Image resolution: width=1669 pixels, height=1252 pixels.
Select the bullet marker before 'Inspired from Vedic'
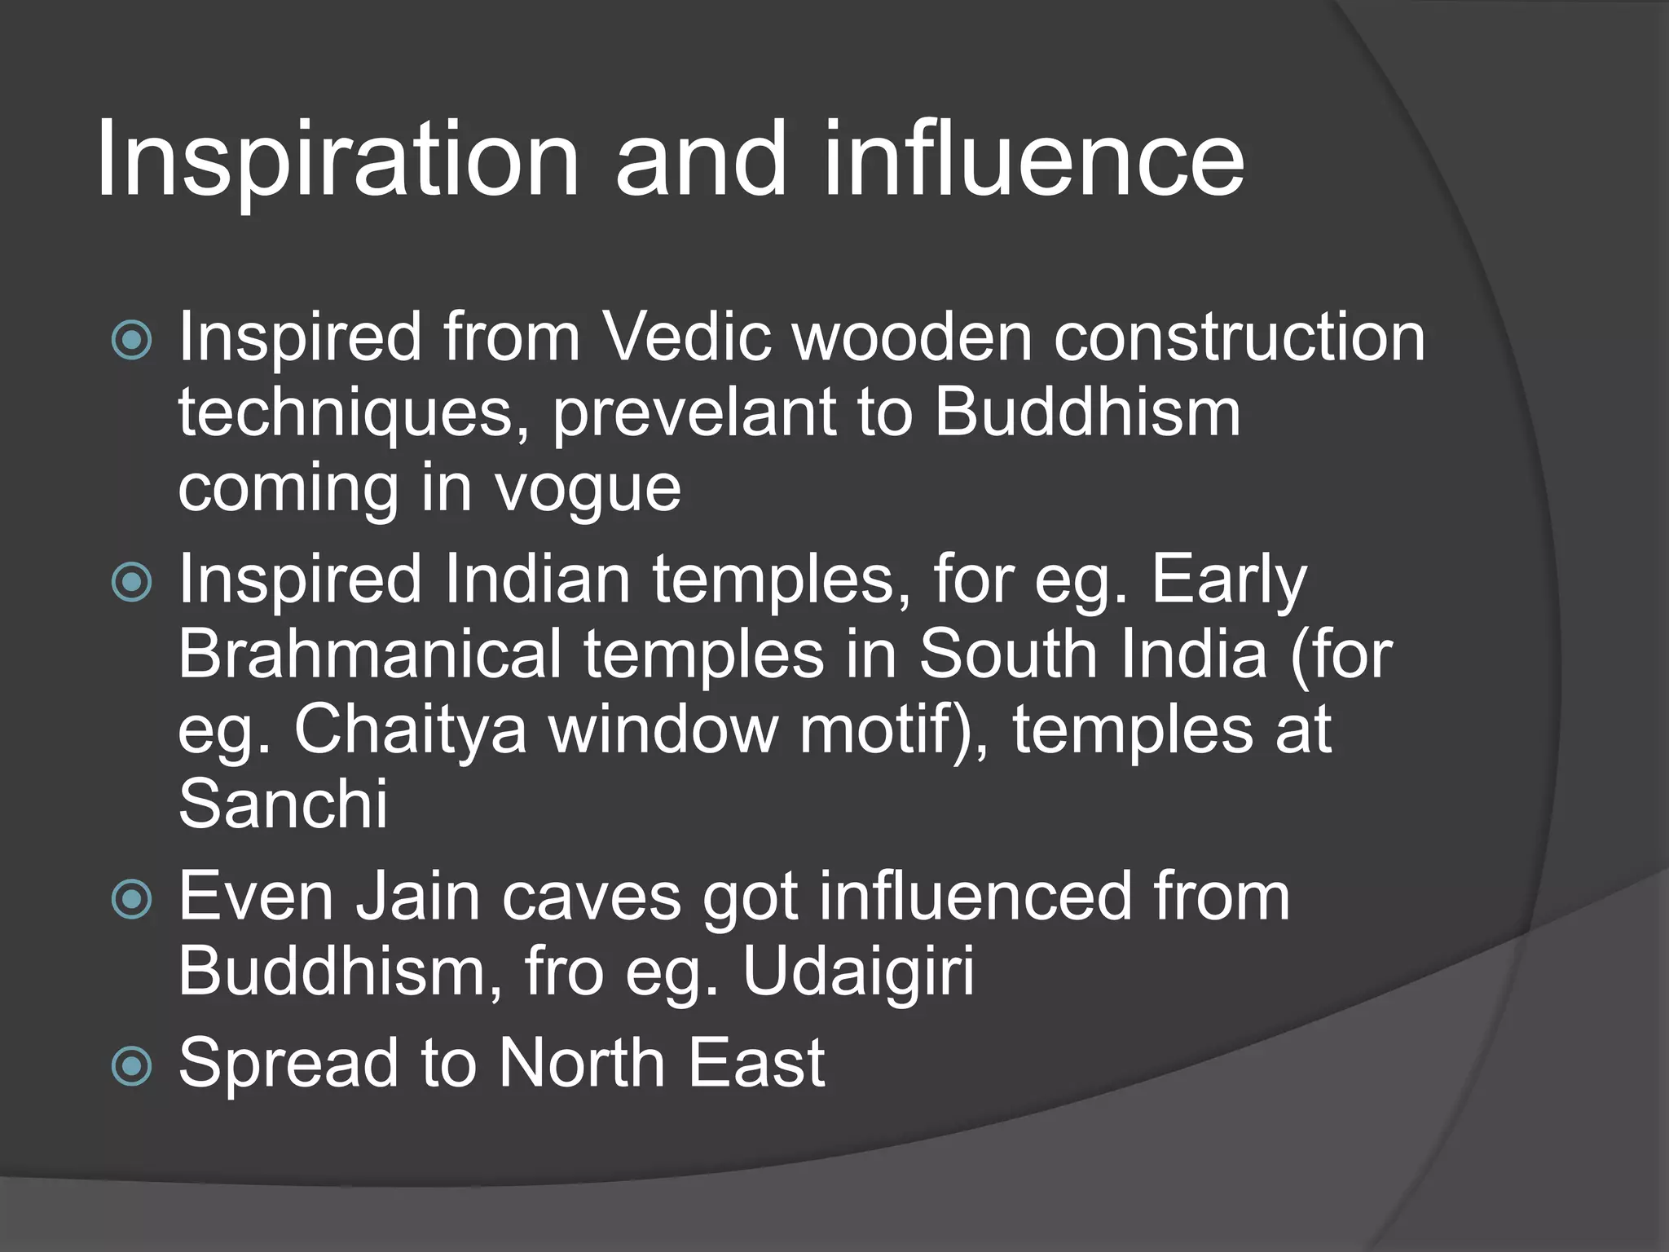[x=132, y=339]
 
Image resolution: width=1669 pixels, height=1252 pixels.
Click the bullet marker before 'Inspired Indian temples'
[x=132, y=582]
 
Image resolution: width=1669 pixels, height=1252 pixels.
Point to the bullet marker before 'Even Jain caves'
[x=132, y=899]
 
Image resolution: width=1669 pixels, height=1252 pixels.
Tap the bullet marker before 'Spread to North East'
[x=132, y=1065]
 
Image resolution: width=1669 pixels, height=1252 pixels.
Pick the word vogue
[x=588, y=489]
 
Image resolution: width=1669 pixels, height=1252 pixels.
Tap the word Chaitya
[x=410, y=730]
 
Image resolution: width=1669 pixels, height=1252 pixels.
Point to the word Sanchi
[x=283, y=805]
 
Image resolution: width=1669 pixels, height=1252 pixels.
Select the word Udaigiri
[x=858, y=972]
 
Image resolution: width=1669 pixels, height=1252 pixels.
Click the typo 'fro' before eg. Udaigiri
[x=564, y=972]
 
